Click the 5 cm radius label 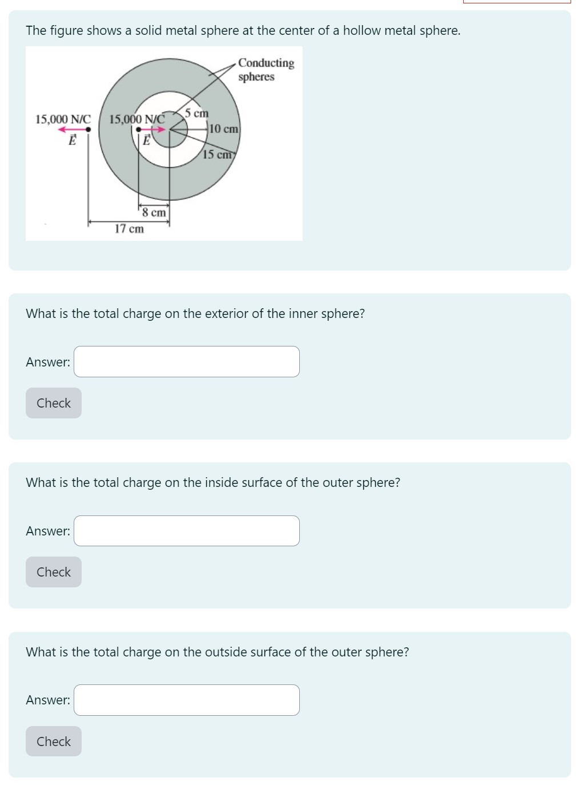[196, 113]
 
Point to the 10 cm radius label [223, 129]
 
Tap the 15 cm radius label [217, 154]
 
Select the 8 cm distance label [154, 212]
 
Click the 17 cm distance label [129, 229]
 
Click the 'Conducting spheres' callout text [266, 70]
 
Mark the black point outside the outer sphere [88, 130]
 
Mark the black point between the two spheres [138, 130]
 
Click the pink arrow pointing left [71, 130]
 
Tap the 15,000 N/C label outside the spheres [63, 119]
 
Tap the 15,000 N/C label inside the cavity [137, 119]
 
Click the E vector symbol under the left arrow [73, 140]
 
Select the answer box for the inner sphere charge [186, 362]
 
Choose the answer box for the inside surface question [186, 531]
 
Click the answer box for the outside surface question [186, 700]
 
